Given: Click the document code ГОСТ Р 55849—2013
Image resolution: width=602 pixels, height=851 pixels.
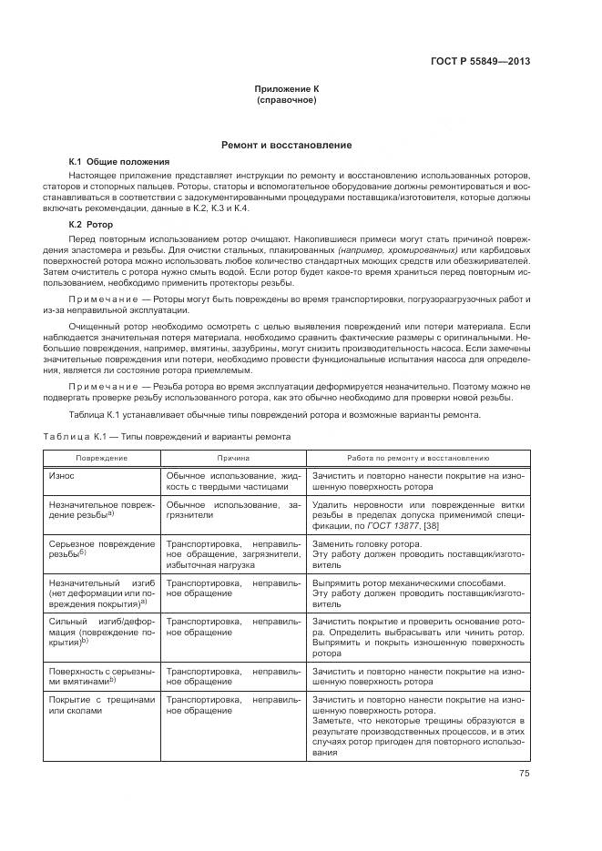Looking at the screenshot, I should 479,62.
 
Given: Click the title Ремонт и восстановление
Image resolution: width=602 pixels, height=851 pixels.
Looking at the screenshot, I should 287,146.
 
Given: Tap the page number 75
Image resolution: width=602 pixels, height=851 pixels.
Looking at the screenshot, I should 524,774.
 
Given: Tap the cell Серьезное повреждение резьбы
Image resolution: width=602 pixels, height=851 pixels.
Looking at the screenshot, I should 101,549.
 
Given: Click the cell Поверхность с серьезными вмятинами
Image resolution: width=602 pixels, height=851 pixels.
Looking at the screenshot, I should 101,674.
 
